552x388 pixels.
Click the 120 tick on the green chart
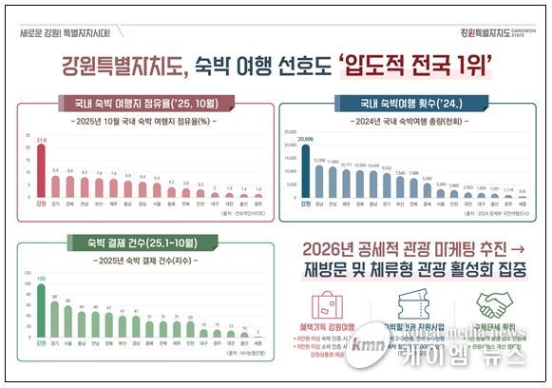tap(25, 269)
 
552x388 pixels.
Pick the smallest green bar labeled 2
tap(258, 338)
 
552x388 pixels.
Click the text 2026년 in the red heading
tap(329, 249)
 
